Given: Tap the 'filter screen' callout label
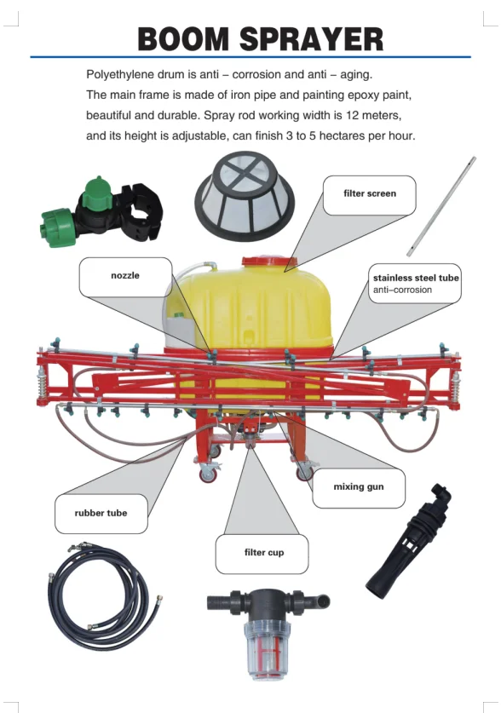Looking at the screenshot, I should click(x=369, y=193).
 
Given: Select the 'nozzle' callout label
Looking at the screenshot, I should click(x=124, y=275).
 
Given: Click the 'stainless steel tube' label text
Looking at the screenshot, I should click(x=416, y=278).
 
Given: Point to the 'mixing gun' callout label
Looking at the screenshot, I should click(x=358, y=486).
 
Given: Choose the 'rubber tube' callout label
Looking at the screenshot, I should click(x=101, y=513).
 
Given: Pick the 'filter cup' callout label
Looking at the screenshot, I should click(x=263, y=553).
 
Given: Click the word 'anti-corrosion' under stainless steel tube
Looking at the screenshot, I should click(x=402, y=290).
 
